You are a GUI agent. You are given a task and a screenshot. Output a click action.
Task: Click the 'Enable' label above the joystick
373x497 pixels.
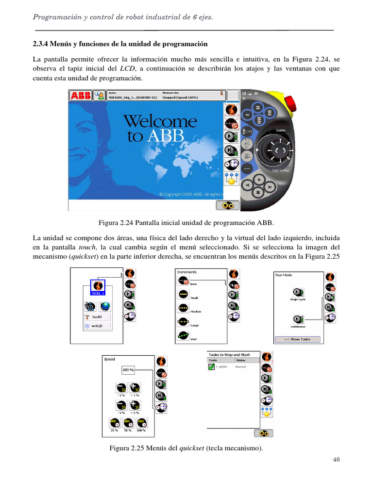[x=280, y=130]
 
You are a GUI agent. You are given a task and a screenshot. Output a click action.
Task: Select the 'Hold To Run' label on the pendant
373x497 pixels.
[x=281, y=170]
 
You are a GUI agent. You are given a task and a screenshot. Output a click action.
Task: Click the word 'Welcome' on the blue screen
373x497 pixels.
[x=160, y=121]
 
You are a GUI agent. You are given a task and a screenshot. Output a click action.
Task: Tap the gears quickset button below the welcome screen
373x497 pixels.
[x=227, y=206]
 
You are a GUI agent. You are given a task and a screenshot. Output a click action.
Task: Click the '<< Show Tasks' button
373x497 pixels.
[x=298, y=339]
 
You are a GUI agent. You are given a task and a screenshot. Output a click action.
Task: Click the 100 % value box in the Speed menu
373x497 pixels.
[x=128, y=370]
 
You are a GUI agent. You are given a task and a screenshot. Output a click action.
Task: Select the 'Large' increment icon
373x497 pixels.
[x=183, y=321]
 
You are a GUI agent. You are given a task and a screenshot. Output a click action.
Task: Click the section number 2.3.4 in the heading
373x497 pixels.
[x=42, y=44]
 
